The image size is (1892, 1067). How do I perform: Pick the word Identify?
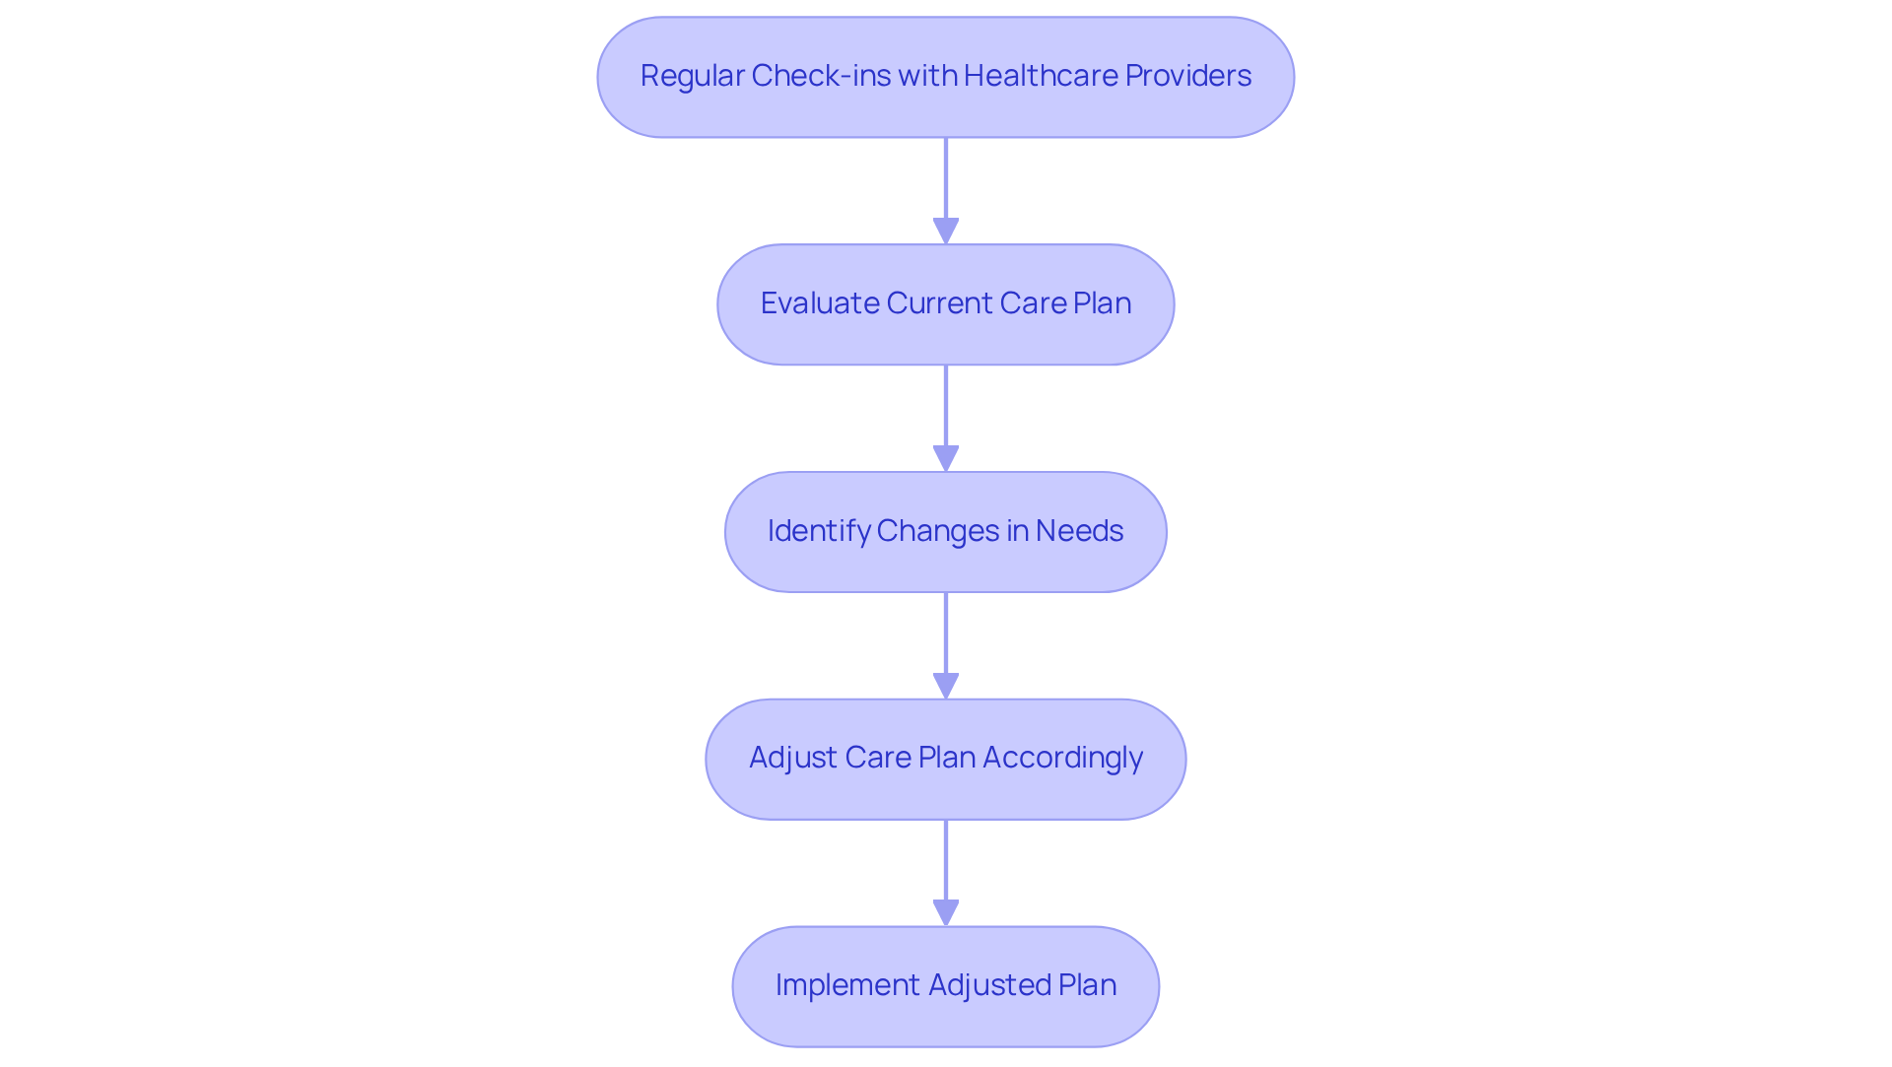(x=818, y=531)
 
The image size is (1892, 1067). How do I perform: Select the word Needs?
(x=1079, y=531)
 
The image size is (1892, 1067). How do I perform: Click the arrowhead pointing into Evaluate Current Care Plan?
(x=946, y=231)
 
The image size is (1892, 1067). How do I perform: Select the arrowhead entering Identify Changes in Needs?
(x=946, y=458)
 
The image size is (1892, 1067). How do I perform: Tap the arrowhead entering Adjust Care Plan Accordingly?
(x=946, y=686)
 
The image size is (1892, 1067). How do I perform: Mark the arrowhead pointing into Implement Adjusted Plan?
(x=946, y=912)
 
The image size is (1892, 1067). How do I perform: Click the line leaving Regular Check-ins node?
(x=946, y=177)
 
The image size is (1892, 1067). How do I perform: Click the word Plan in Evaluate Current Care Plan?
(x=1102, y=303)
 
